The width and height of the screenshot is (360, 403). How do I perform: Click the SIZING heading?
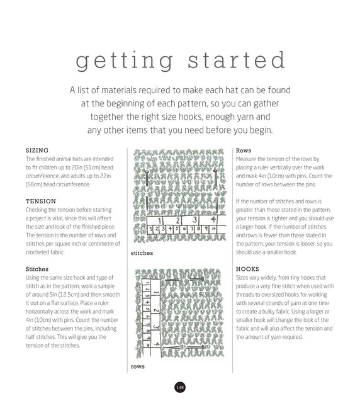[x=37, y=150]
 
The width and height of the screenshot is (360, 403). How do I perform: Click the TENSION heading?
[x=41, y=201]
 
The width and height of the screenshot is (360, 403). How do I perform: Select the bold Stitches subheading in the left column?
[x=37, y=269]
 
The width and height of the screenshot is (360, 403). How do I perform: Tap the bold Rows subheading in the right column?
[x=244, y=150]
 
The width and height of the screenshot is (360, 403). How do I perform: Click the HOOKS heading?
[x=248, y=269]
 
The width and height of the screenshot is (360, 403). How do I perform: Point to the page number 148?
[x=180, y=387]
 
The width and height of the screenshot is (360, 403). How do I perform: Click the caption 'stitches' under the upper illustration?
[x=142, y=253]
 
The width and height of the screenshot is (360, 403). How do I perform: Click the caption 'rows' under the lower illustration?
[x=138, y=366]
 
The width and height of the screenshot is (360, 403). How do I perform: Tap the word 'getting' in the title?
[x=125, y=61]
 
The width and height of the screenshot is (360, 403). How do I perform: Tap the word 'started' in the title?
[x=237, y=60]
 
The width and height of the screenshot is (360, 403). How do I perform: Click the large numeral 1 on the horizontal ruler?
[x=160, y=220]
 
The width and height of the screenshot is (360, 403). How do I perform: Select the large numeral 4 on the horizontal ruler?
[x=213, y=220]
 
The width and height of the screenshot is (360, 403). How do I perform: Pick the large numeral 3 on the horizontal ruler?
[x=194, y=220]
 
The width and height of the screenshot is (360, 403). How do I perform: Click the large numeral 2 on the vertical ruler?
[x=156, y=310]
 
